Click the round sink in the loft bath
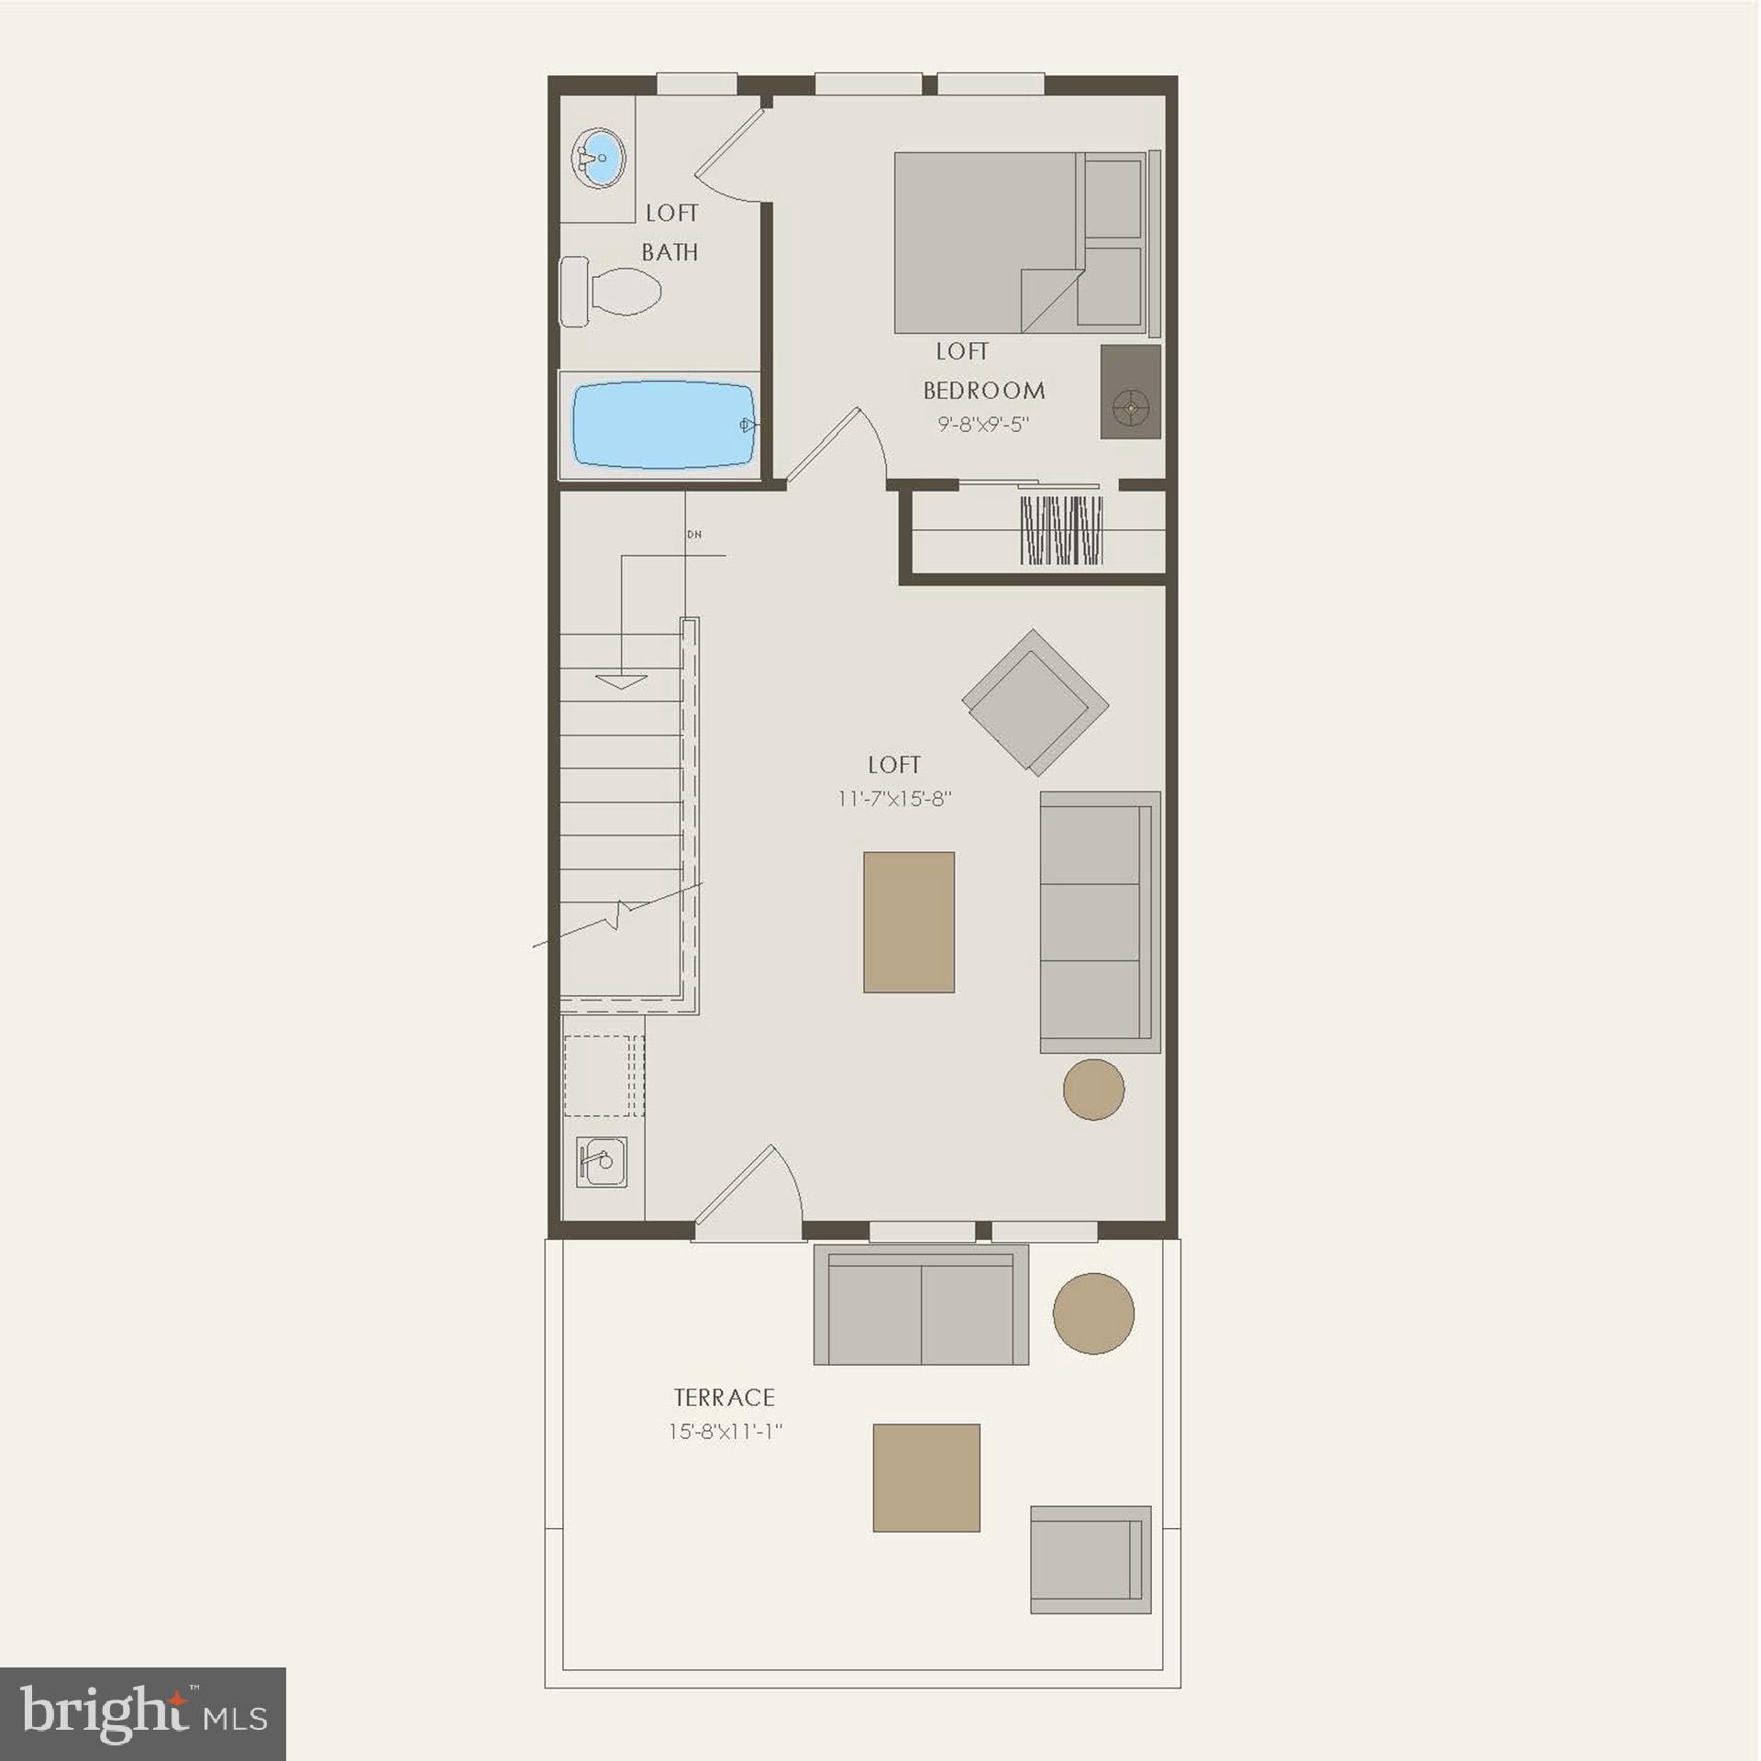[x=599, y=158]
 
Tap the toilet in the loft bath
[x=613, y=292]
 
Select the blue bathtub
[x=662, y=425]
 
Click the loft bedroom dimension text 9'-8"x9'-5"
[x=983, y=425]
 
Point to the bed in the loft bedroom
[x=1018, y=242]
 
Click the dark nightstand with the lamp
[x=1130, y=392]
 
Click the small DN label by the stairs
[x=694, y=534]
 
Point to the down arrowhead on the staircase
[x=621, y=681]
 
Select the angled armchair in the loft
[x=1035, y=702]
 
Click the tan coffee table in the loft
[x=908, y=922]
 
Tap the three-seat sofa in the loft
[x=1099, y=922]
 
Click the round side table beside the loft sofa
[x=1093, y=1089]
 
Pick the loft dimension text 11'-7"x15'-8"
[x=894, y=799]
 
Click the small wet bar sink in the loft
[x=602, y=1162]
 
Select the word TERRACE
[x=725, y=1398]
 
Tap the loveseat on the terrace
[x=921, y=1304]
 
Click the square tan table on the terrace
[x=925, y=1478]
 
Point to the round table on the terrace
[x=1093, y=1313]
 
